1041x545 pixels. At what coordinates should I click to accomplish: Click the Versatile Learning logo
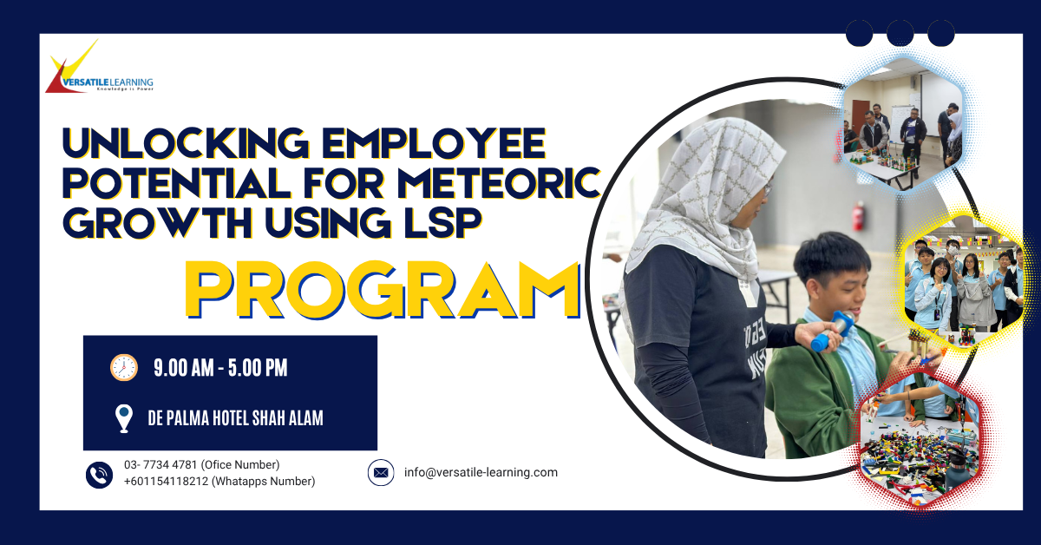(x=100, y=67)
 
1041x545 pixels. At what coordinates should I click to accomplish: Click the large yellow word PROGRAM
(x=383, y=290)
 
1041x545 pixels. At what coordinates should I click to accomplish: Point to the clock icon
(x=124, y=368)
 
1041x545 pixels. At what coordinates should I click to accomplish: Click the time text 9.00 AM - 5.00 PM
(x=220, y=368)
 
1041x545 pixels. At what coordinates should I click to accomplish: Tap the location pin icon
(x=123, y=418)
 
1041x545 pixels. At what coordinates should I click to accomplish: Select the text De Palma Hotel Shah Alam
(x=235, y=418)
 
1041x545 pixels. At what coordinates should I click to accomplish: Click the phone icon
(x=99, y=475)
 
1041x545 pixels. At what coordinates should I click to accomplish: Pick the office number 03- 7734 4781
(x=160, y=464)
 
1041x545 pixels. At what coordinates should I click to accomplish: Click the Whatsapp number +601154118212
(x=166, y=481)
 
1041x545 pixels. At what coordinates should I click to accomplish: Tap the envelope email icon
(x=381, y=472)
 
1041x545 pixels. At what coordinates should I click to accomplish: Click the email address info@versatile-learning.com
(x=481, y=472)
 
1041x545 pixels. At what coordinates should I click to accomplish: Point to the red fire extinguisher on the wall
(x=858, y=216)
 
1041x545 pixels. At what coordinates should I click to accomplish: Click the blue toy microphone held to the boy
(x=833, y=332)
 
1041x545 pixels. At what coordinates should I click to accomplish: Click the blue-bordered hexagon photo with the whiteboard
(x=902, y=123)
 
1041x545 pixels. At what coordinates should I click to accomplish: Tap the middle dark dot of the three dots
(x=900, y=33)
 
